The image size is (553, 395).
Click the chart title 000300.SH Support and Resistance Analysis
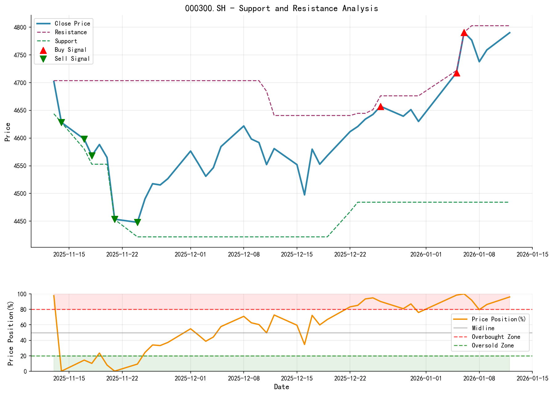point(281,8)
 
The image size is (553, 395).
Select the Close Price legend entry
point(72,23)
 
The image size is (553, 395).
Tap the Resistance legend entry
point(71,32)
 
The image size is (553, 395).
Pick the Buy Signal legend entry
point(71,50)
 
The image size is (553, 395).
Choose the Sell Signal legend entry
point(72,59)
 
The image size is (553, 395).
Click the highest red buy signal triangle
point(464,33)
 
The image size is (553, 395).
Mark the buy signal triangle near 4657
point(380,106)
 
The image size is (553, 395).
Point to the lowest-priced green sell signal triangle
point(137,222)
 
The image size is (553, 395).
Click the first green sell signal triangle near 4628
point(61,122)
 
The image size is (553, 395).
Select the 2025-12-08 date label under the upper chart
point(244,254)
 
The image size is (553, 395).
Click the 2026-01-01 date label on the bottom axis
point(426,378)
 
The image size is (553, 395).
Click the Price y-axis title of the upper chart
point(8,132)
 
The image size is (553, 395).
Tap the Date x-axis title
point(282,387)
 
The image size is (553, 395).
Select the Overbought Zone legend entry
point(496,337)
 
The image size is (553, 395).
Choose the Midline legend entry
point(483,328)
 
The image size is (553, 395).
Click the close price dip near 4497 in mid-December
point(304,195)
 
